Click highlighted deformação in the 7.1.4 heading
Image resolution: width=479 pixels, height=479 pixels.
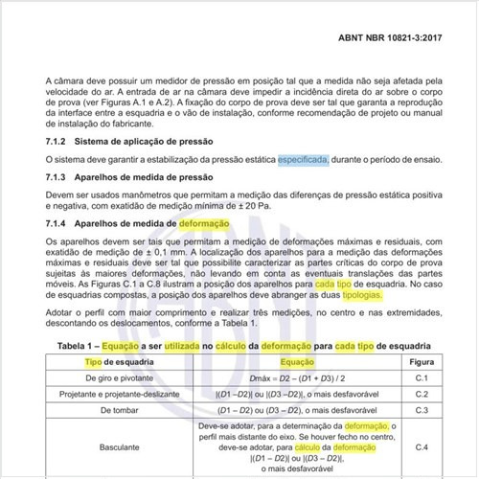click(203, 224)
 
